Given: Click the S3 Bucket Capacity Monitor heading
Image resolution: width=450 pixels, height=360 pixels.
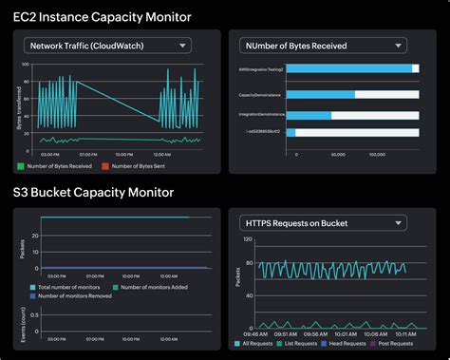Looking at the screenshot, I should [93, 192].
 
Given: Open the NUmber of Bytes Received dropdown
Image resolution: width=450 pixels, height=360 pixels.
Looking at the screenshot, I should [323, 45].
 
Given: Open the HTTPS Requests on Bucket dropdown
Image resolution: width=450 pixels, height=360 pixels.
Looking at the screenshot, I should [323, 223].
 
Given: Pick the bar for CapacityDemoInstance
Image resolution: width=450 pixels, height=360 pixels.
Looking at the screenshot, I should [320, 95].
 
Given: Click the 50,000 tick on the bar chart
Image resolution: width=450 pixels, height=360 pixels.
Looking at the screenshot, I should [337, 153].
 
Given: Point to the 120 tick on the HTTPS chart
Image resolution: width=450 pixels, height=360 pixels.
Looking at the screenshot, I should [248, 240].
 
